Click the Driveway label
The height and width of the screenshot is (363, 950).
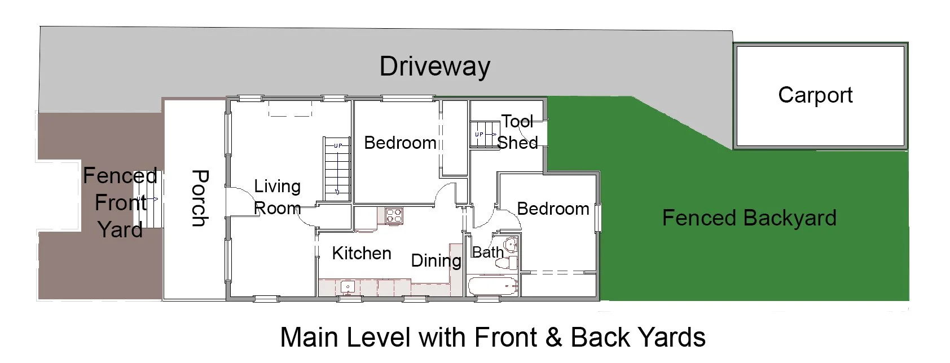(435, 67)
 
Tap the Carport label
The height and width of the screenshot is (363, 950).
(815, 95)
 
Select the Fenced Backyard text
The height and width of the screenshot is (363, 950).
(749, 218)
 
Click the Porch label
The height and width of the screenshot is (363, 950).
(200, 198)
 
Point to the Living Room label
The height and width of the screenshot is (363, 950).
(278, 197)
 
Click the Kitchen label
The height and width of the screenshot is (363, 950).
(362, 253)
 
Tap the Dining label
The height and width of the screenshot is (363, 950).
(436, 261)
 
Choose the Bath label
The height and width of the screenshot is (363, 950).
(488, 253)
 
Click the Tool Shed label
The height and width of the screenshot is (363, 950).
(517, 132)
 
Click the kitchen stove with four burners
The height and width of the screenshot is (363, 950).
(394, 215)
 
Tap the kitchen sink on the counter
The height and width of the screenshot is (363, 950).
(348, 287)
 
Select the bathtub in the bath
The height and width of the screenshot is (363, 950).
(492, 286)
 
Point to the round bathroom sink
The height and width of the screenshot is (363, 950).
(510, 245)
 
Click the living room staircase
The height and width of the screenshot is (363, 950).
(337, 169)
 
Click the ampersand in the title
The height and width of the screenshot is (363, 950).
(553, 338)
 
